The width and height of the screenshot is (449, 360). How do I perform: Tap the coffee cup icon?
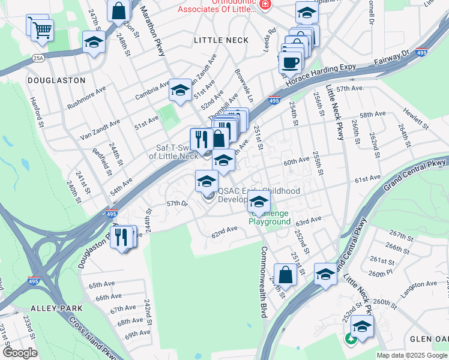pyautogui.click(x=291, y=62)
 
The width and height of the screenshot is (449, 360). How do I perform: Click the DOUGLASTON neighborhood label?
pyautogui.click(x=56, y=80)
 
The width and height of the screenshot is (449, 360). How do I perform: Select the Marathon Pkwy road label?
pyautogui.click(x=152, y=31)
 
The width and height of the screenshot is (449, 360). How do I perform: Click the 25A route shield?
pyautogui.click(x=39, y=58)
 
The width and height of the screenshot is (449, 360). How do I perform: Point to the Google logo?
pyautogui.click(x=20, y=353)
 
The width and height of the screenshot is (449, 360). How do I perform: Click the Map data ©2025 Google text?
pyautogui.click(x=411, y=355)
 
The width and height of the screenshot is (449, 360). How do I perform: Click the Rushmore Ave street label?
pyautogui.click(x=86, y=97)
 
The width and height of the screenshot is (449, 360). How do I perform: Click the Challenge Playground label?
pyautogui.click(x=271, y=217)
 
